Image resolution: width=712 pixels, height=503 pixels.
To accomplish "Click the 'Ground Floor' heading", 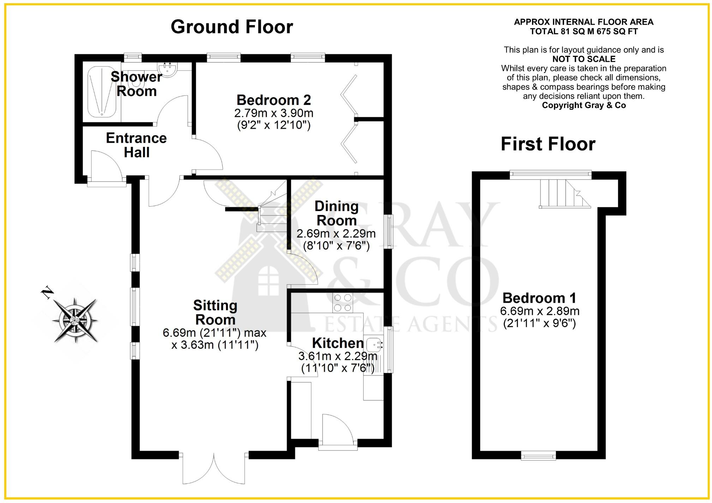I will (232, 27).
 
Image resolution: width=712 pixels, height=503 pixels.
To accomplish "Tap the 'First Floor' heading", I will (548, 144).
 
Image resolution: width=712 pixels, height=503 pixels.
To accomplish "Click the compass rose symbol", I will (75, 321).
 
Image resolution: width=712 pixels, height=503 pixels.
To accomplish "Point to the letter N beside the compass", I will (47, 293).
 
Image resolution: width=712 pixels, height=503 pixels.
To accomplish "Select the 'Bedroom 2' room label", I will (274, 100).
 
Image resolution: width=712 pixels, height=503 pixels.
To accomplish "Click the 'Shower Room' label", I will (136, 84).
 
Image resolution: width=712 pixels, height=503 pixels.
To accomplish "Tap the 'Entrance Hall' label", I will (136, 145).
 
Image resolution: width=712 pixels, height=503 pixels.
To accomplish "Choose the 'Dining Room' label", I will (336, 213).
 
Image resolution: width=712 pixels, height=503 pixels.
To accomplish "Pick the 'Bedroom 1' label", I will (539, 298).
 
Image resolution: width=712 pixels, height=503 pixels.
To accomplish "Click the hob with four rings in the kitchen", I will (343, 303).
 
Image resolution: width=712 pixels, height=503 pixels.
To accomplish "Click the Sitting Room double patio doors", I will (214, 468).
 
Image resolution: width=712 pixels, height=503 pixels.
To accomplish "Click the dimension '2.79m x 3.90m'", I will (274, 113).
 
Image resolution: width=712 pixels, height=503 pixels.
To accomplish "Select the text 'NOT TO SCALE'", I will (584, 59).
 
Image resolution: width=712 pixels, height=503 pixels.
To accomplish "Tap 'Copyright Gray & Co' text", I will (584, 105).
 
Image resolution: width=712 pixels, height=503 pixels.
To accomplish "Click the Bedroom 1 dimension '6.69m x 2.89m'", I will (539, 311).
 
